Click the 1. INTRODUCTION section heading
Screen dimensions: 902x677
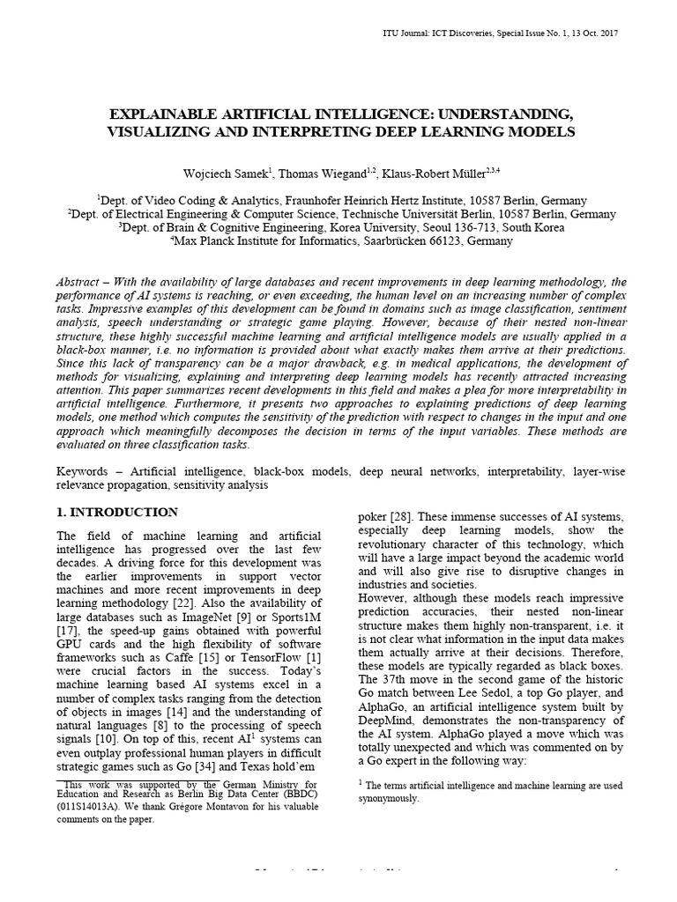point(116,512)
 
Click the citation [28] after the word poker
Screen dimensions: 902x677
point(398,515)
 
